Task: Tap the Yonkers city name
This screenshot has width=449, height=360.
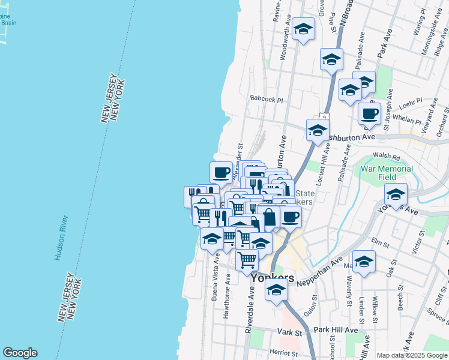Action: coord(273,278)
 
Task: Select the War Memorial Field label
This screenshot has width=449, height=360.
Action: coord(387,173)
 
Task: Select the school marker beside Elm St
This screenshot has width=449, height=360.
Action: coord(364,262)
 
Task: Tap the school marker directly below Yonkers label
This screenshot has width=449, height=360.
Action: coord(276,290)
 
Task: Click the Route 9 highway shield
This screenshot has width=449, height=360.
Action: coord(323,116)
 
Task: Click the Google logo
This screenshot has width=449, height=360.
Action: coord(20,353)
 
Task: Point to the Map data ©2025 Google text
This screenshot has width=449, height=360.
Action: coord(412,355)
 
